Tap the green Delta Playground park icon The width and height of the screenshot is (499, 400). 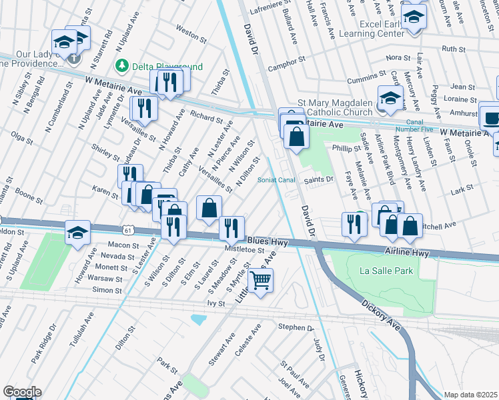point(122,65)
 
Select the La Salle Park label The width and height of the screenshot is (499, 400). point(386,271)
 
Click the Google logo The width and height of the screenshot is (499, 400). point(22,392)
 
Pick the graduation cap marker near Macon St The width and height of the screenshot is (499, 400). point(77,233)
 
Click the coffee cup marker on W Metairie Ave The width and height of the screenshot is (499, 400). point(492,118)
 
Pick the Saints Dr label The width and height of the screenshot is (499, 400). point(319,179)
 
